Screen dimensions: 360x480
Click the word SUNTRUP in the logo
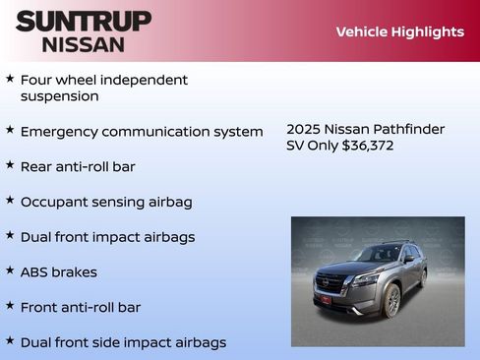click(84, 21)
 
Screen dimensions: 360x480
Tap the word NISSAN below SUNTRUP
click(84, 43)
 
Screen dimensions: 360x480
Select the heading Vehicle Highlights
click(399, 31)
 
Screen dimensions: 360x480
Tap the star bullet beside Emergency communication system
click(10, 130)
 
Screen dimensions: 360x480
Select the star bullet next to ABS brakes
click(10, 270)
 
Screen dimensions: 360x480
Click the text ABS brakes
click(59, 271)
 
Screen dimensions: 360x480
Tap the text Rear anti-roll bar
click(78, 166)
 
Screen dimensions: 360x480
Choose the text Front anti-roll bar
click(81, 307)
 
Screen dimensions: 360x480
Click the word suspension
click(60, 96)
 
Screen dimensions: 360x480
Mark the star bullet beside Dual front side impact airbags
click(10, 340)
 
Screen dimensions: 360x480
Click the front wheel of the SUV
click(392, 301)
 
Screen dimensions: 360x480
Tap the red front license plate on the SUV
click(324, 299)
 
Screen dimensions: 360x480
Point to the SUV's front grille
click(330, 283)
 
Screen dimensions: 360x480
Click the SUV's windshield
click(377, 255)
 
